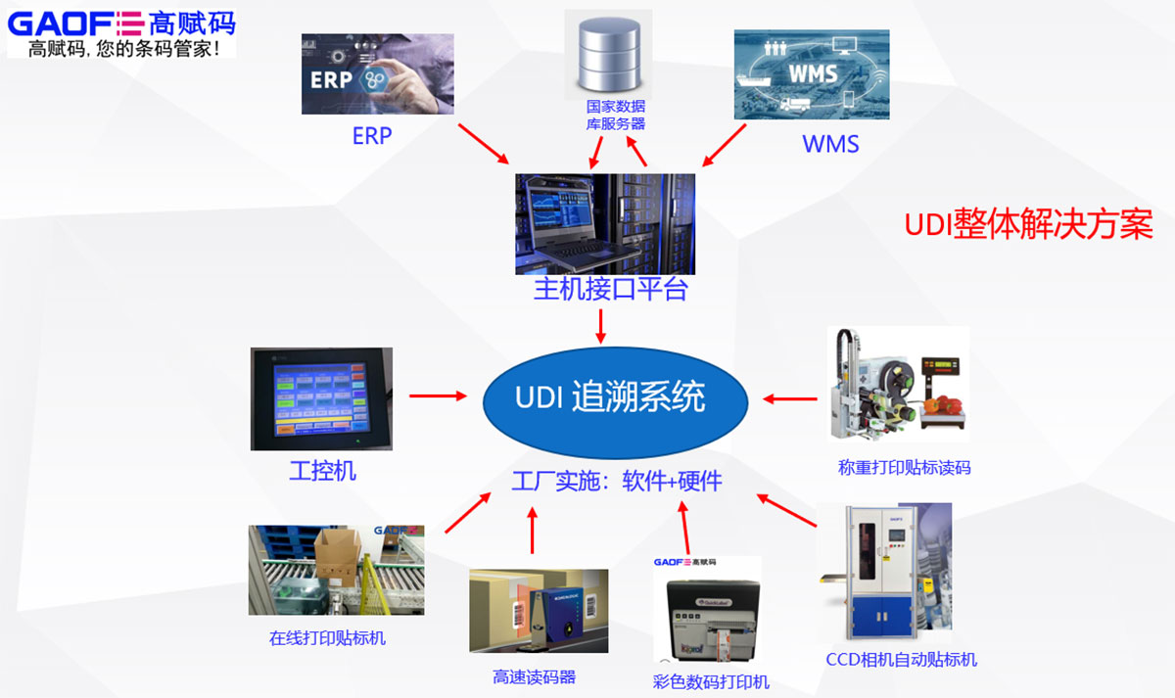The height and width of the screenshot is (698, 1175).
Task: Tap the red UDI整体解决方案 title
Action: (1028, 225)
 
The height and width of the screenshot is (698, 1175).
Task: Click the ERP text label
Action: (371, 136)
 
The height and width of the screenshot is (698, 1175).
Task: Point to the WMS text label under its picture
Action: (830, 144)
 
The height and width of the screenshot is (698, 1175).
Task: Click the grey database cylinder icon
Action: (608, 54)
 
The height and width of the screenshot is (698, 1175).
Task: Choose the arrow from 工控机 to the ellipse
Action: (438, 396)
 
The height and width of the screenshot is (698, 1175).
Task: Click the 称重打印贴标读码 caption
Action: (904, 467)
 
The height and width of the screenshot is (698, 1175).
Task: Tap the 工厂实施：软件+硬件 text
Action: (617, 481)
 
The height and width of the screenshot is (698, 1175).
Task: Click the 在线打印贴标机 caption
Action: (327, 638)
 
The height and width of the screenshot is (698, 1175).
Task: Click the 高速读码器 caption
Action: (534, 676)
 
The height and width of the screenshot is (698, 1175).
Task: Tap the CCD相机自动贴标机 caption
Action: (901, 659)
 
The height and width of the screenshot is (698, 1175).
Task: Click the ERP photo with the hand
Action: (377, 73)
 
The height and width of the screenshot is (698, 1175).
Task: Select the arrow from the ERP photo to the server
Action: (484, 144)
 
